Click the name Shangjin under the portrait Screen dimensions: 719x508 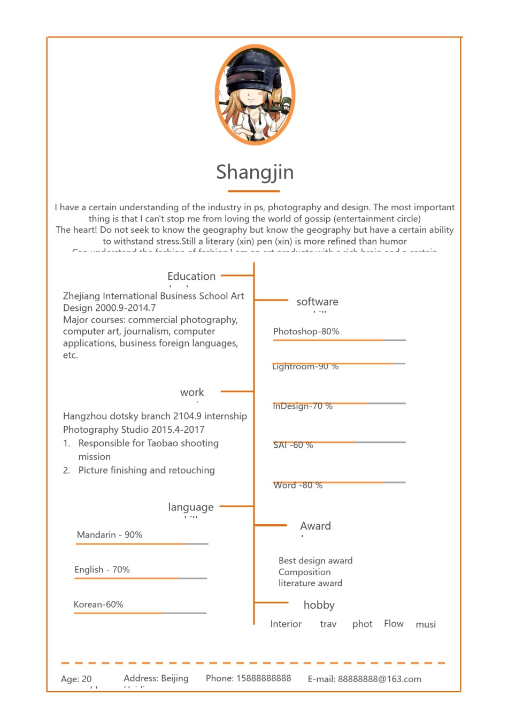(x=255, y=172)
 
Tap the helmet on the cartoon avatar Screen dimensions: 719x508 (x=251, y=70)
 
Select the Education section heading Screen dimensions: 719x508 (x=191, y=277)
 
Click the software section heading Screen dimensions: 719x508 (x=317, y=302)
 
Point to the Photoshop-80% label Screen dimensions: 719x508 (x=306, y=332)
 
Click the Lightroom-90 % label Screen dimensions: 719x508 (x=305, y=367)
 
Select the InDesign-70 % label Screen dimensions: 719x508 (x=303, y=407)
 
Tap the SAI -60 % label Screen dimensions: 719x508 (x=293, y=445)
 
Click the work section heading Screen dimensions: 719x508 (x=192, y=393)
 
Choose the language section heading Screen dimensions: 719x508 (x=190, y=507)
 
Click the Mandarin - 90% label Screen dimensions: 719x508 (x=110, y=535)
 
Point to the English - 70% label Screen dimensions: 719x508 (x=102, y=570)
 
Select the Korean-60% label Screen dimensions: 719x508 (x=98, y=605)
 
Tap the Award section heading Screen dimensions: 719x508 (x=315, y=526)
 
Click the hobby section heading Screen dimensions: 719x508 (x=319, y=605)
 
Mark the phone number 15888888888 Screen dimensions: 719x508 (x=264, y=678)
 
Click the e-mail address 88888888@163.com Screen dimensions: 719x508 (x=379, y=679)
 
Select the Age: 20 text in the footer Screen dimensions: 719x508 (x=76, y=679)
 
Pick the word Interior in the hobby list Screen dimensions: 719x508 (x=286, y=624)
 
